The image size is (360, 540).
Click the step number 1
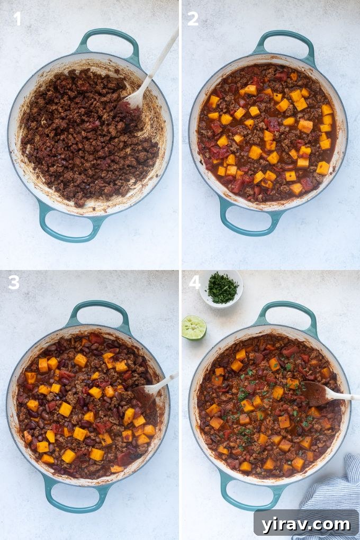point(17,19)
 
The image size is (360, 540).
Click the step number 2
point(193,19)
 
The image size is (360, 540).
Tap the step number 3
point(14,283)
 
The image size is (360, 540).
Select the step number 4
point(194,283)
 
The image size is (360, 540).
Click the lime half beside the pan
point(194,327)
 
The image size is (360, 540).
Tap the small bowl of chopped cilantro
point(221,289)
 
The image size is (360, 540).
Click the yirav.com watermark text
point(306,524)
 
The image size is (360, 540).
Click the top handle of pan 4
point(286,312)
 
